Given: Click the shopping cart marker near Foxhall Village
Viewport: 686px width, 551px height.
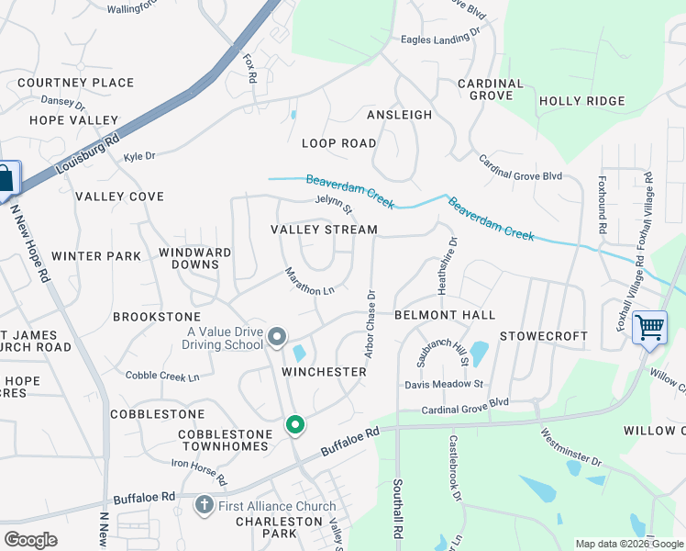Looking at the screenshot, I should [649, 327].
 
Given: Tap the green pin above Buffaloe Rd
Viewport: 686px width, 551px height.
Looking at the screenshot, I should [294, 424].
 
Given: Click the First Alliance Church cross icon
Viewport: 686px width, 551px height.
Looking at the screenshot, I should [204, 505].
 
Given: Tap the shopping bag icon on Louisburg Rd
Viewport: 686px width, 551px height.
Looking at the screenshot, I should [5, 177].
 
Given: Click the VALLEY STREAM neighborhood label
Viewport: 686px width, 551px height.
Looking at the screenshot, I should [324, 230].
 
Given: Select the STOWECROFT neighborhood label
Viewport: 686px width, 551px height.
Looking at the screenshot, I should [544, 336].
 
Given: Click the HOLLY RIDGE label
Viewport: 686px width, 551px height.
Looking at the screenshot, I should [581, 101].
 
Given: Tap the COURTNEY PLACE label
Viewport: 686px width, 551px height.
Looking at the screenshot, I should [75, 83].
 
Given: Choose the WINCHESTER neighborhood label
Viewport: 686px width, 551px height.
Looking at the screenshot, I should [324, 372].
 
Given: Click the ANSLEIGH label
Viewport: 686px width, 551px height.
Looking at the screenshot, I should [399, 115].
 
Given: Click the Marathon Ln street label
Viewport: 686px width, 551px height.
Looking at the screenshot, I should [308, 282].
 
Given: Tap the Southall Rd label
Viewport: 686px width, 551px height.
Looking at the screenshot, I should [398, 510].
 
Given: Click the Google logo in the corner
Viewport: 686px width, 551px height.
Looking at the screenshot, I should [30, 540].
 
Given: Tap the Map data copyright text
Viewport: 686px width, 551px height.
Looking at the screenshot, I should [628, 544].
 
